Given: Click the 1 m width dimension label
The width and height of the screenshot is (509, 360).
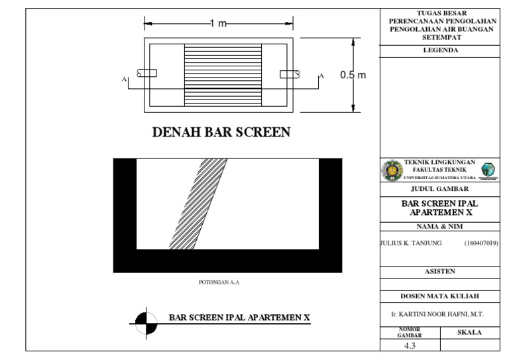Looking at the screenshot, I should click(x=218, y=24).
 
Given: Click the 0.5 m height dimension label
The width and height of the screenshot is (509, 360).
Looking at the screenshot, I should click(x=353, y=75).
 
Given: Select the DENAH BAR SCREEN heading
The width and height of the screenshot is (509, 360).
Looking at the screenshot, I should click(x=221, y=133).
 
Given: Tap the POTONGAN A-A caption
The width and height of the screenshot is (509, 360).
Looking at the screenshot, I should click(x=219, y=282).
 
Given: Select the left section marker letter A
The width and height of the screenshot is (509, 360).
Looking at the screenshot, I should click(x=124, y=79).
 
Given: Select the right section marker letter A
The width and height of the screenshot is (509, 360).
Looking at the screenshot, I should click(x=322, y=76).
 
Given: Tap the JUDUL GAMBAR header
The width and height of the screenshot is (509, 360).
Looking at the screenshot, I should click(x=440, y=189).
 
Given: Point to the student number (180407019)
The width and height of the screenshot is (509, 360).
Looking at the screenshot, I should click(x=481, y=244).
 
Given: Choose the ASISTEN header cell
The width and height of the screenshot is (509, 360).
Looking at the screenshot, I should click(x=440, y=271).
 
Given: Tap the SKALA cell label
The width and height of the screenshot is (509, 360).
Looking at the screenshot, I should click(x=469, y=332).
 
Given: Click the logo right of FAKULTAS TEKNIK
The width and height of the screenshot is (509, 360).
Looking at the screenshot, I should click(x=488, y=170).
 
